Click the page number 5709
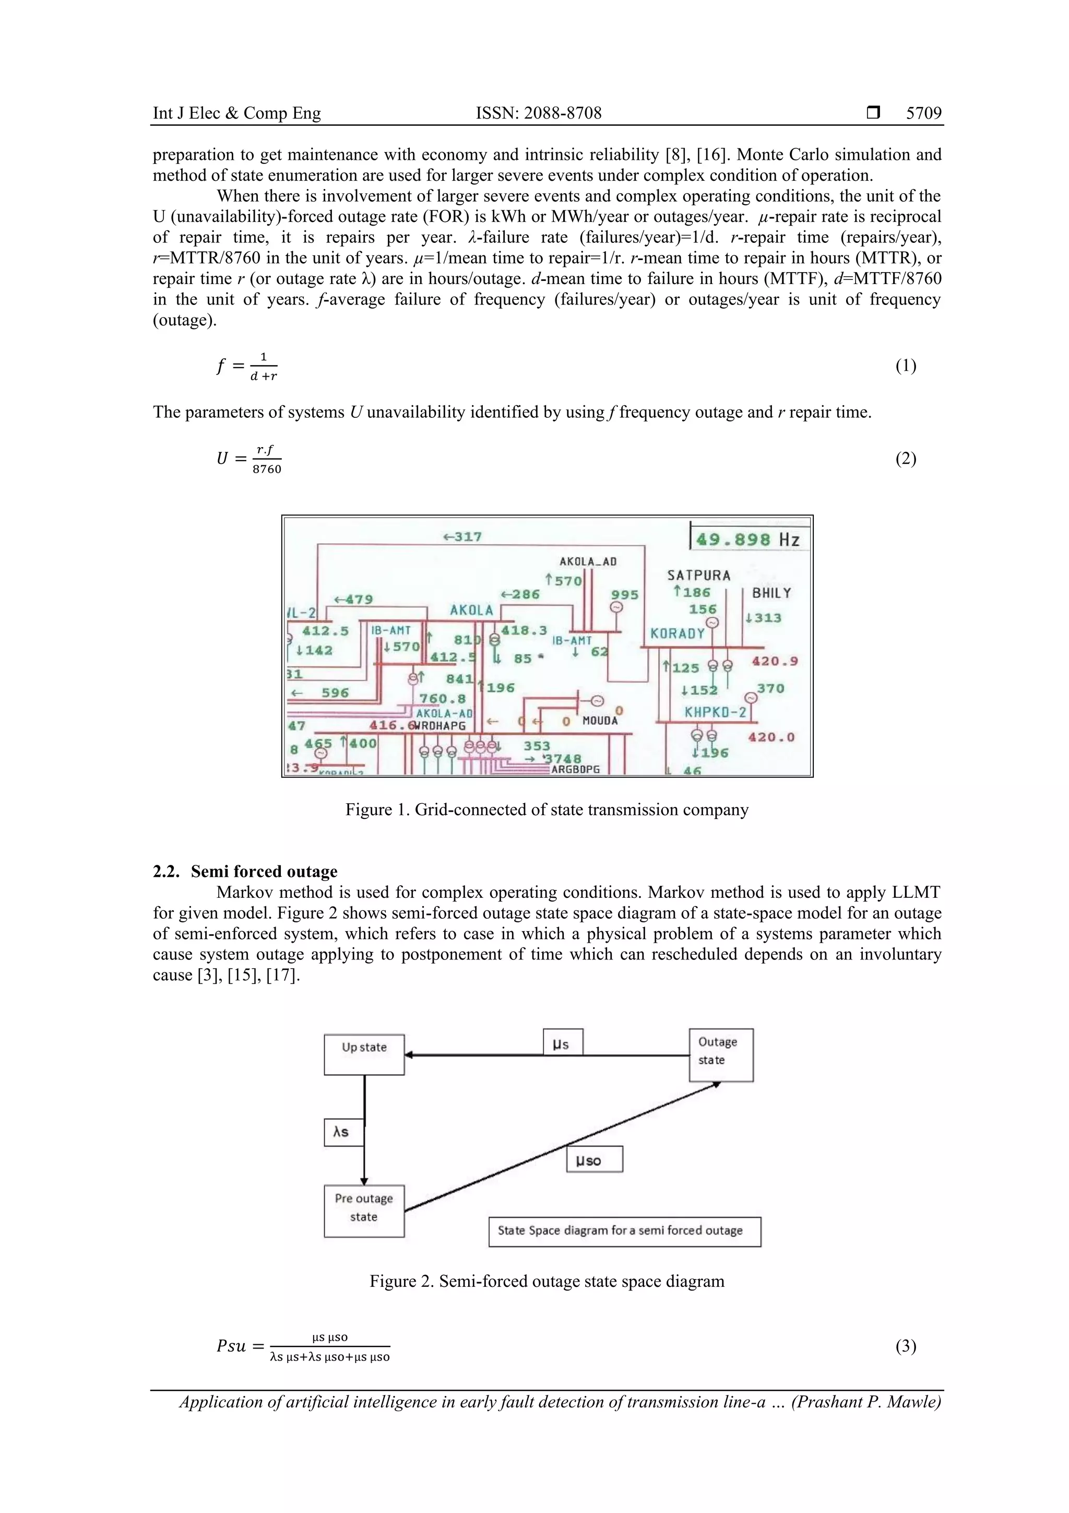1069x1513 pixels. click(923, 113)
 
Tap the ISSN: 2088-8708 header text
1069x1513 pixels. click(538, 113)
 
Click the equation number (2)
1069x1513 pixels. click(905, 459)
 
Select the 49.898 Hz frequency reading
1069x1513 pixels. click(747, 539)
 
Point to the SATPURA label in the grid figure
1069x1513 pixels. click(699, 576)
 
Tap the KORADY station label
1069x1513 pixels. click(677, 634)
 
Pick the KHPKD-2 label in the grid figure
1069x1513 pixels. click(715, 712)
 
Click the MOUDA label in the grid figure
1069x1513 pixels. click(600, 721)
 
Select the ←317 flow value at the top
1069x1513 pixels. click(462, 537)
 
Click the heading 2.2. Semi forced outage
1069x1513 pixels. click(245, 871)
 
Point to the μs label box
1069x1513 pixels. click(563, 1042)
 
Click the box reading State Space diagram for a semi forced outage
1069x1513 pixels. click(624, 1231)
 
